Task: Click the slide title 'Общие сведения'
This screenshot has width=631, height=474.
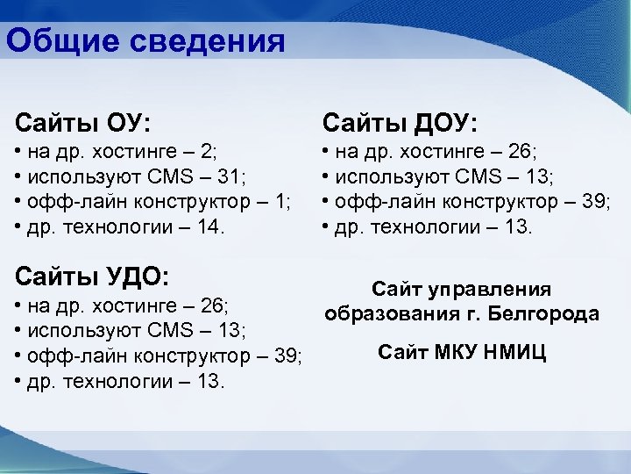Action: tap(145, 39)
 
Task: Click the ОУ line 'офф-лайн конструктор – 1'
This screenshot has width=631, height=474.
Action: tap(153, 202)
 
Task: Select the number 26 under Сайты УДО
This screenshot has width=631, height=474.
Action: tap(212, 305)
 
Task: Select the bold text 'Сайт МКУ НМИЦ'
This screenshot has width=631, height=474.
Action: tap(462, 353)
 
